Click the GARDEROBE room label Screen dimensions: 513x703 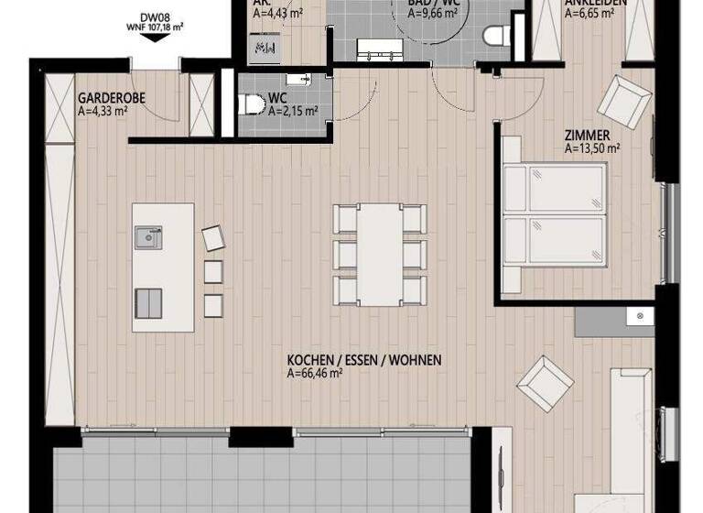(x=111, y=97)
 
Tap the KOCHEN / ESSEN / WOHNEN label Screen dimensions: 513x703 (x=364, y=361)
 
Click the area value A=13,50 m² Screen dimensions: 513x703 (x=593, y=147)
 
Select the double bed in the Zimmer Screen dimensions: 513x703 (x=555, y=216)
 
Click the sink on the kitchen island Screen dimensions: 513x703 (x=146, y=237)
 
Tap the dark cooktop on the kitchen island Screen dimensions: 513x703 (x=148, y=302)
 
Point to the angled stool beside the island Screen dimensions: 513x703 (x=213, y=237)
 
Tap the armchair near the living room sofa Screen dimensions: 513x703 (x=546, y=382)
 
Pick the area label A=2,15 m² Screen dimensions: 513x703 (x=293, y=112)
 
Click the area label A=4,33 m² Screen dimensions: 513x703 (x=103, y=111)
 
